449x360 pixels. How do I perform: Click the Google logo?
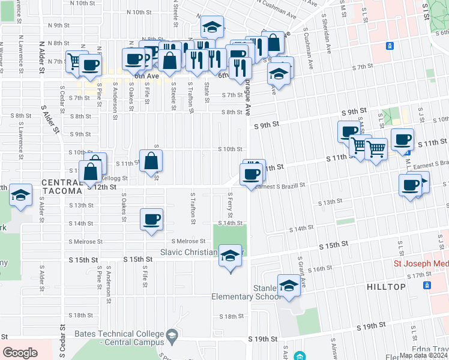coord(20,353)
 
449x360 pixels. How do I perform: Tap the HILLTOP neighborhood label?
coord(387,287)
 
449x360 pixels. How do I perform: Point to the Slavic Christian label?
coord(190,252)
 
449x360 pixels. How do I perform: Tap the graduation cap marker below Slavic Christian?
coord(229,257)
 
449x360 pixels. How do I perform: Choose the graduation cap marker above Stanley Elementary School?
coord(289,286)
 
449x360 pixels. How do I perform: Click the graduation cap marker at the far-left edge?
coord(20,194)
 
